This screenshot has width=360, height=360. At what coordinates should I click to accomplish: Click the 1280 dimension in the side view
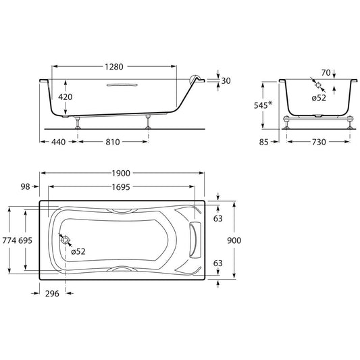pos(114,67)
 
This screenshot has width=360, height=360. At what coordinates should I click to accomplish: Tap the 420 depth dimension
pos(66,97)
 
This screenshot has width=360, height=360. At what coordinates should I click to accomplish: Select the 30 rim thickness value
pos(226,81)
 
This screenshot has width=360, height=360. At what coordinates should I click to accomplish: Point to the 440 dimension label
pos(58,142)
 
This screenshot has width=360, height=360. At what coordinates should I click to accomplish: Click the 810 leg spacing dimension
pos(113,142)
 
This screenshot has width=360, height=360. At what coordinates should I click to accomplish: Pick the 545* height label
pos(263,105)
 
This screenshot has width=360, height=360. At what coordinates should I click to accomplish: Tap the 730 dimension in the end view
pos(319,142)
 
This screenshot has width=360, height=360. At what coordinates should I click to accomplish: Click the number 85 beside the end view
pos(263,142)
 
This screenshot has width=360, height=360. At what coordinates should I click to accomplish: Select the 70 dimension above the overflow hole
pos(326,73)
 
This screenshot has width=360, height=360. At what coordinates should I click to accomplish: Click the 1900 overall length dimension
pos(121,174)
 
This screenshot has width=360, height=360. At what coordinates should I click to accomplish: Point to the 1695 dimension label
pos(121,187)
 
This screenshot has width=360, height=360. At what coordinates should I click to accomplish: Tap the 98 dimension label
pos(25,186)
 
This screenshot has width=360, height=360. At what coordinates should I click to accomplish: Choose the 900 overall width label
pos(234,240)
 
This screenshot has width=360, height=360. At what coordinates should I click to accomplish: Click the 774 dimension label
pos(9,240)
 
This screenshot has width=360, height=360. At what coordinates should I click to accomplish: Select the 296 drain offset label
pos(52,294)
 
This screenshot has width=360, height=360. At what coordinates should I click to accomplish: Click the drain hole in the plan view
pos(66,240)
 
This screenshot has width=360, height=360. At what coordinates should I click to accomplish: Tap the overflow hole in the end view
pos(318,85)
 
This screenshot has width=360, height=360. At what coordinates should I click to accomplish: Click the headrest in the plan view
pos(195,240)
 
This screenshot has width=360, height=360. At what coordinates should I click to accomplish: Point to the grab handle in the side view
pos(122,85)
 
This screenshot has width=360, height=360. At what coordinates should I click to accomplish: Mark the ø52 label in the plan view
pos(78,251)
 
